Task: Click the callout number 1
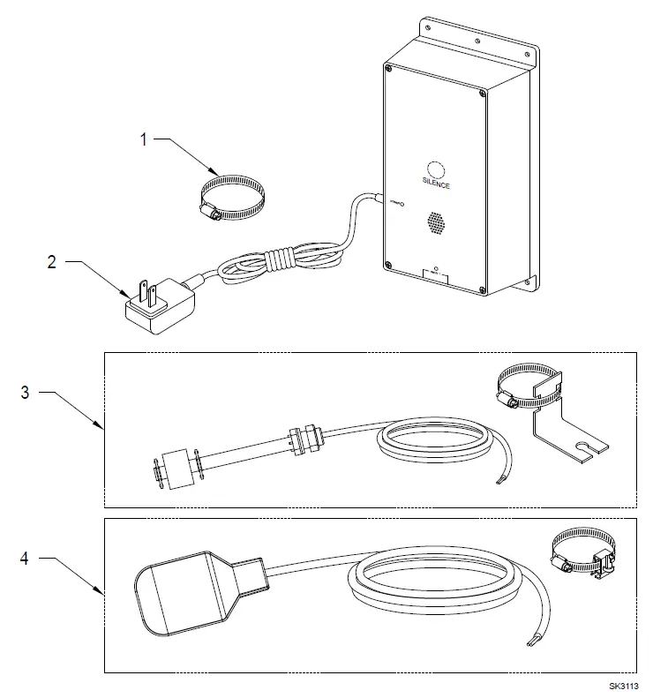pyautogui.click(x=144, y=139)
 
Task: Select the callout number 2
pyautogui.click(x=51, y=262)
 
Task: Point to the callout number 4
pyautogui.click(x=25, y=558)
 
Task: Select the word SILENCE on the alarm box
pyautogui.click(x=435, y=185)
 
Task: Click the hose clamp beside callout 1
pyautogui.click(x=231, y=197)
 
